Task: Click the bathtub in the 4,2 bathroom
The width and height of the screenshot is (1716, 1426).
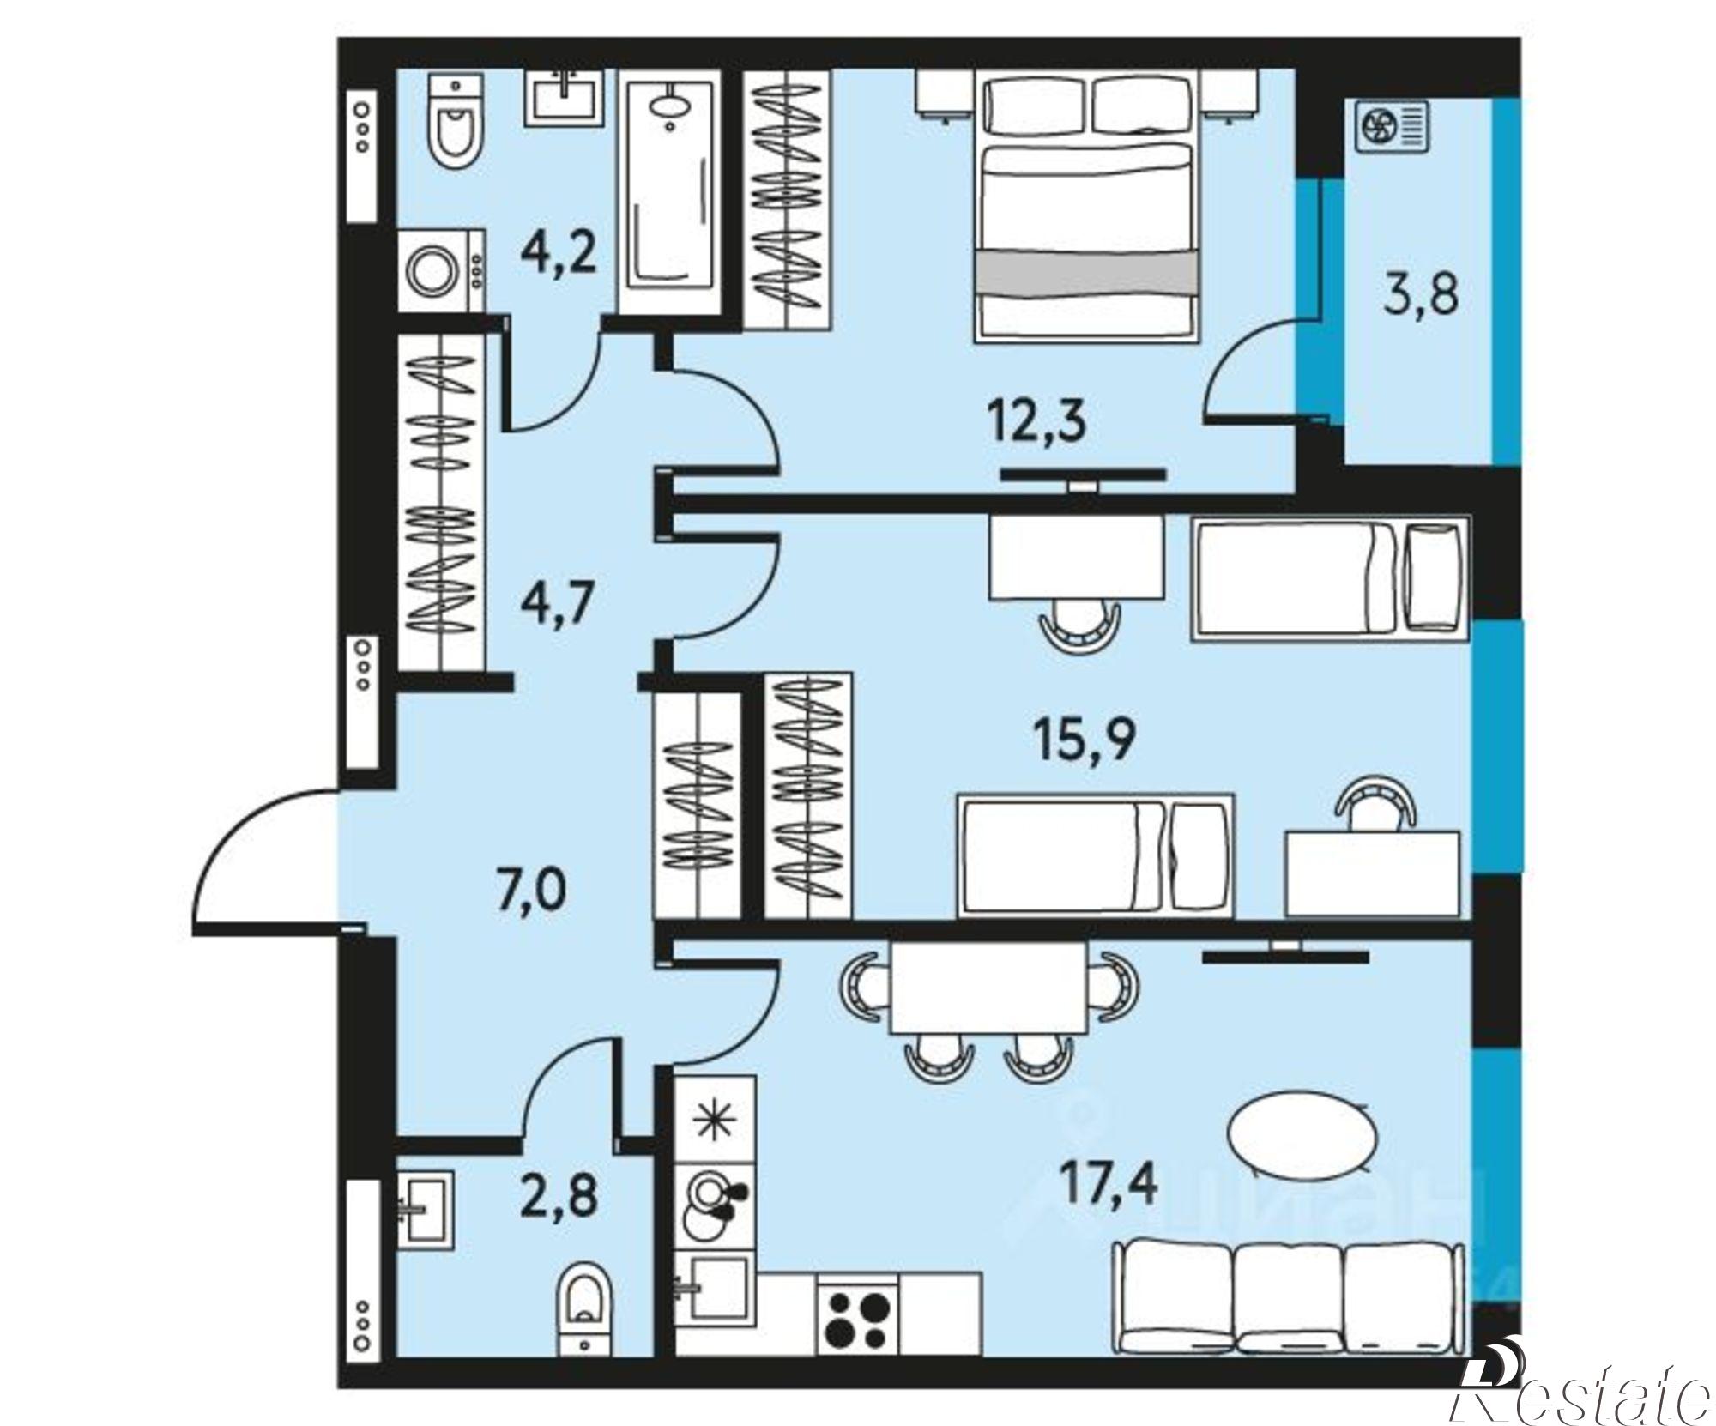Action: (668, 196)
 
